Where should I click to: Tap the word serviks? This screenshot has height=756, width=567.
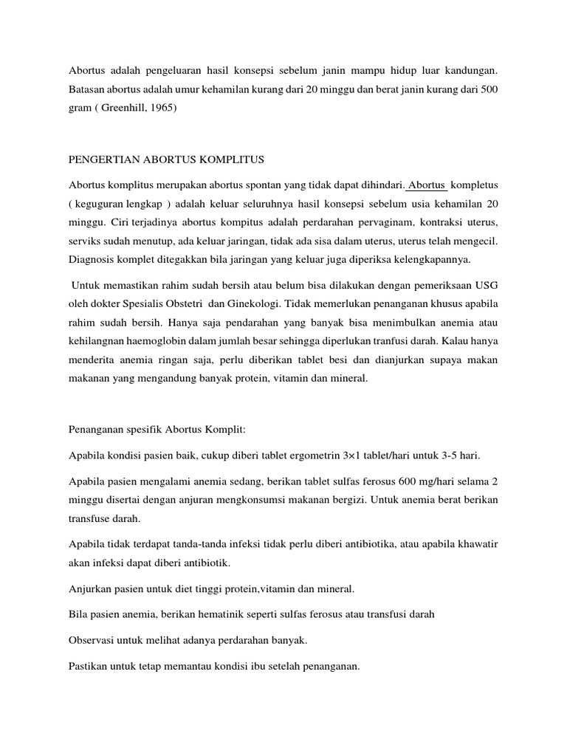(85, 241)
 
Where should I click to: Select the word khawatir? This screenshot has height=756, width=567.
(476, 544)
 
